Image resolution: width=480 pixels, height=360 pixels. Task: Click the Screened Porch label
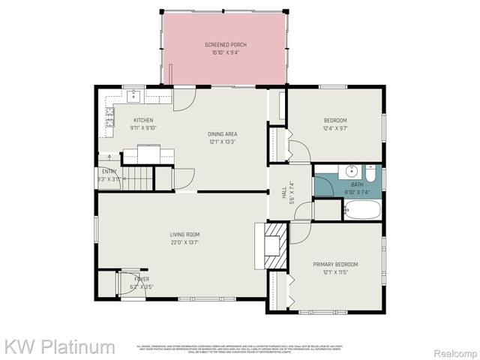[x=226, y=45]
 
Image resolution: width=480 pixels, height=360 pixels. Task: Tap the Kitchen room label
[x=143, y=120]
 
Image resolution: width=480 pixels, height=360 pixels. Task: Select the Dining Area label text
[x=223, y=133]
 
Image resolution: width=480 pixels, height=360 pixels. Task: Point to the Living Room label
[x=184, y=235]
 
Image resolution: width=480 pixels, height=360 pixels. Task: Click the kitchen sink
[x=134, y=95]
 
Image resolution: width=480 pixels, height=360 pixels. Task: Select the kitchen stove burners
[x=110, y=115]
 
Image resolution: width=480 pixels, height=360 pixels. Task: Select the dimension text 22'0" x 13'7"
[x=184, y=242]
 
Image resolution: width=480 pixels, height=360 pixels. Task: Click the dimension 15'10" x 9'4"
[x=226, y=52]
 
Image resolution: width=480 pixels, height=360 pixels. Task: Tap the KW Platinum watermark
[x=60, y=347]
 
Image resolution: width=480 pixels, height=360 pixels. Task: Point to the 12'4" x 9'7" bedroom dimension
[x=335, y=127]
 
